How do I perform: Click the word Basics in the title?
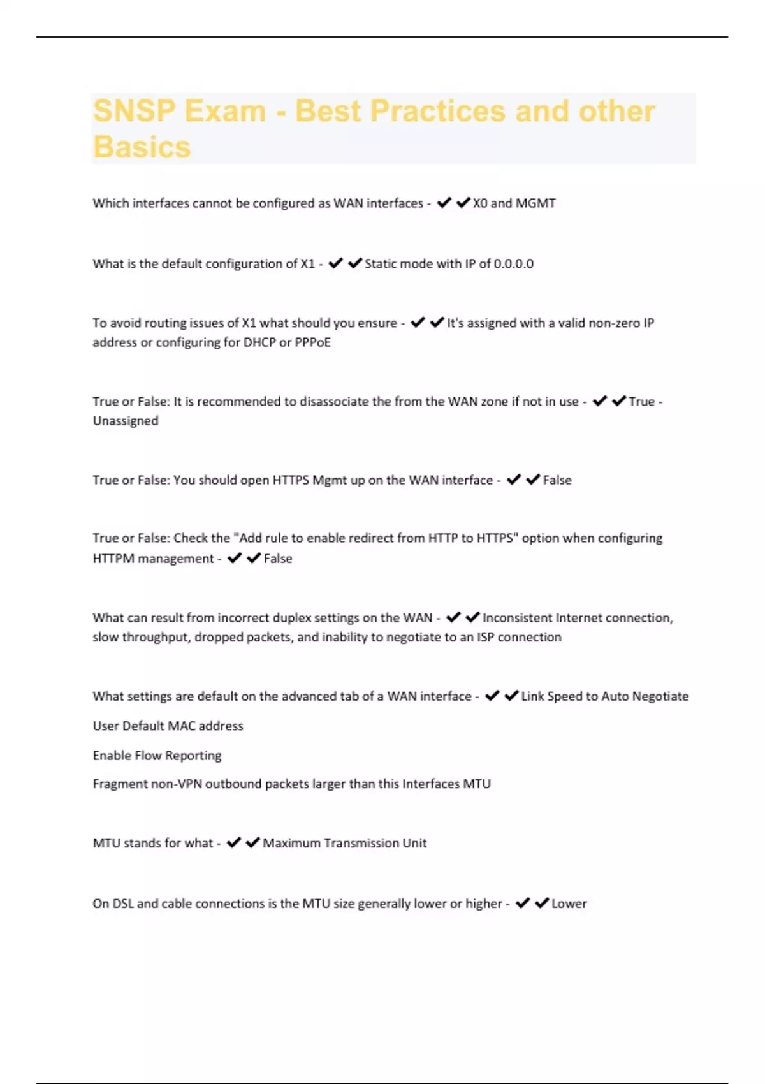(142, 147)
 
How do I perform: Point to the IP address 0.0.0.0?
(513, 264)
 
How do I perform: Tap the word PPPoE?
(313, 342)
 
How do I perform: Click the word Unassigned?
(126, 421)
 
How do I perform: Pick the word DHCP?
(259, 342)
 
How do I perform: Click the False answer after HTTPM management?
(278, 559)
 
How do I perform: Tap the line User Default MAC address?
(168, 726)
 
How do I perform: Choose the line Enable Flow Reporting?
(157, 756)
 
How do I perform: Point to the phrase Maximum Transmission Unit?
(344, 843)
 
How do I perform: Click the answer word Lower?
(569, 904)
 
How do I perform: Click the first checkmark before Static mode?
(335, 263)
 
